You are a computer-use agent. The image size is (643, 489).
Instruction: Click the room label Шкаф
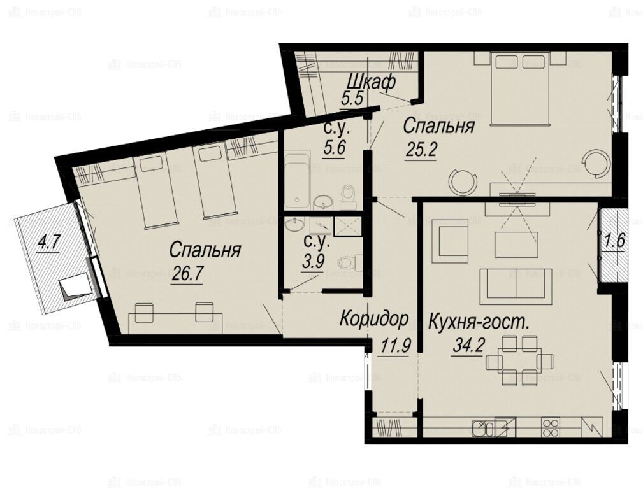pos(371,82)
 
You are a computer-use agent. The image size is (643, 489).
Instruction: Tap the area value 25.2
pos(421,151)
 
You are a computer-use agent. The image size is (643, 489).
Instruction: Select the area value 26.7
pos(187,274)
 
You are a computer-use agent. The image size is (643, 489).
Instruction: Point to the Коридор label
pos(374,319)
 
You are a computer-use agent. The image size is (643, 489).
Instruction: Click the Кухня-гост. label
pos(479,323)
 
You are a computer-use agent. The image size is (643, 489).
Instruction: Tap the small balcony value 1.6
pos(614,241)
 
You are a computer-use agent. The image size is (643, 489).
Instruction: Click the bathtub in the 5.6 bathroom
pos(298,180)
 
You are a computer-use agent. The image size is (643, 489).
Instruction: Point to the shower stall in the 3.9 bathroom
pos(348,227)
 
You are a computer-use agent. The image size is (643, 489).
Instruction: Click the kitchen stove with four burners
pos(551,427)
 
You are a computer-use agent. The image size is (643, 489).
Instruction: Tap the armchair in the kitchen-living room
pos(450,241)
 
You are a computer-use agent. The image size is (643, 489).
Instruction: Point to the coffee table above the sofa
pos(516,244)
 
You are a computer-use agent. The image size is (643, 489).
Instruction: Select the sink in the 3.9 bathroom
pos(295,225)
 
